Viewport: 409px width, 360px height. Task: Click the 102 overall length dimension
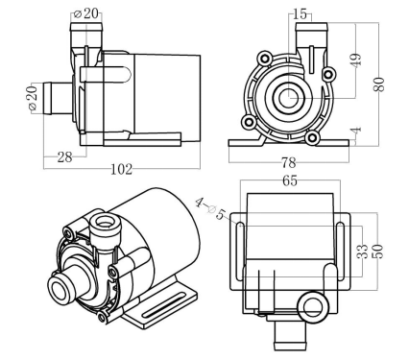click(x=122, y=169)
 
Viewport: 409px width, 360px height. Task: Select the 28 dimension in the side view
click(x=64, y=156)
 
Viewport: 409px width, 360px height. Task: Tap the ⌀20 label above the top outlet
click(x=89, y=14)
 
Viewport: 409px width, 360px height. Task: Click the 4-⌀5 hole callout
click(x=211, y=209)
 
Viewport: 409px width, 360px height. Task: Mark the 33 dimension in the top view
click(x=362, y=255)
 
